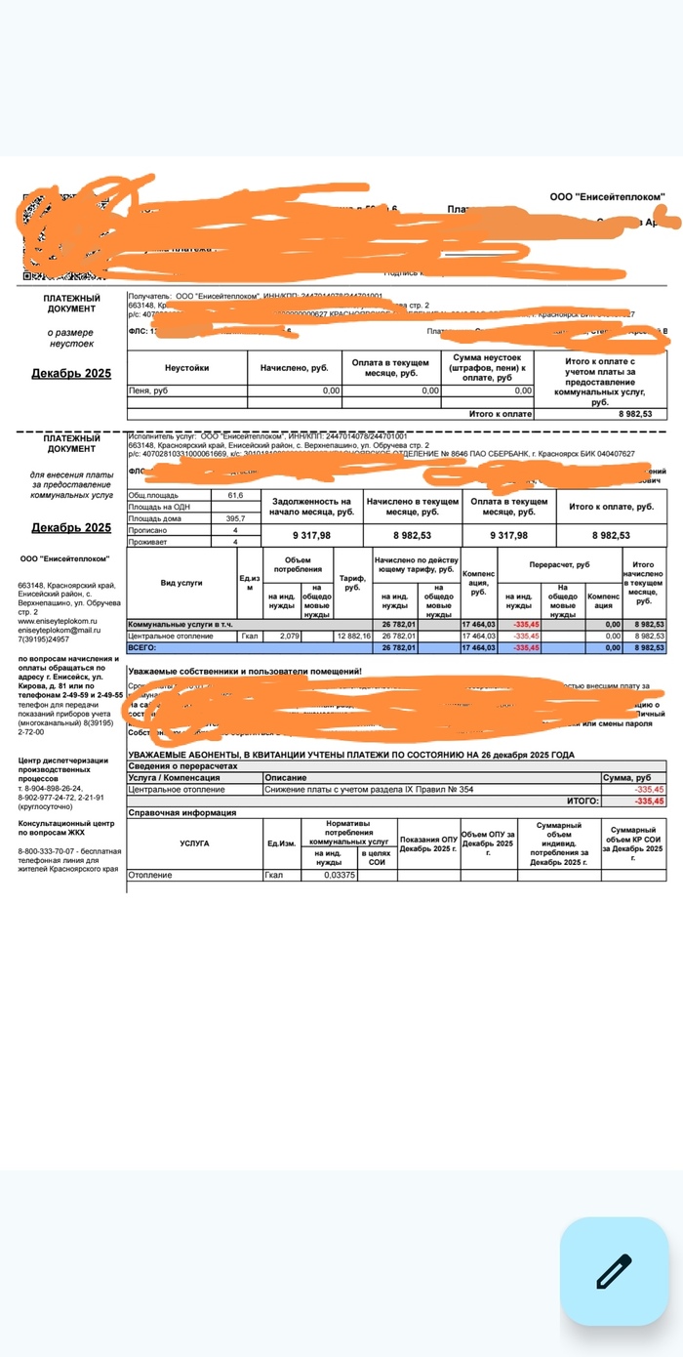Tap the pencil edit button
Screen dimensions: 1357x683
(614, 1271)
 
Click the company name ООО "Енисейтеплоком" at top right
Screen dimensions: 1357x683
(607, 197)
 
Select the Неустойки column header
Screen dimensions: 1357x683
(186, 368)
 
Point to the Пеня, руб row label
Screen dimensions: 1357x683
(148, 391)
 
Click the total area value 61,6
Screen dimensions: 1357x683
(235, 495)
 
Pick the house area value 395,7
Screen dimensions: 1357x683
(235, 518)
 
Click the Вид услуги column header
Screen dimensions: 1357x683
(181, 582)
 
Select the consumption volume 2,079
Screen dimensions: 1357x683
(289, 636)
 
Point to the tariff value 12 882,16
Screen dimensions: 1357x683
(352, 636)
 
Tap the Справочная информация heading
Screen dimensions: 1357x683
(183, 812)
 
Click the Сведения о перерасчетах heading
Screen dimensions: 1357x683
(185, 766)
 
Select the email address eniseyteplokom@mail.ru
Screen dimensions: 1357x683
(60, 630)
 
